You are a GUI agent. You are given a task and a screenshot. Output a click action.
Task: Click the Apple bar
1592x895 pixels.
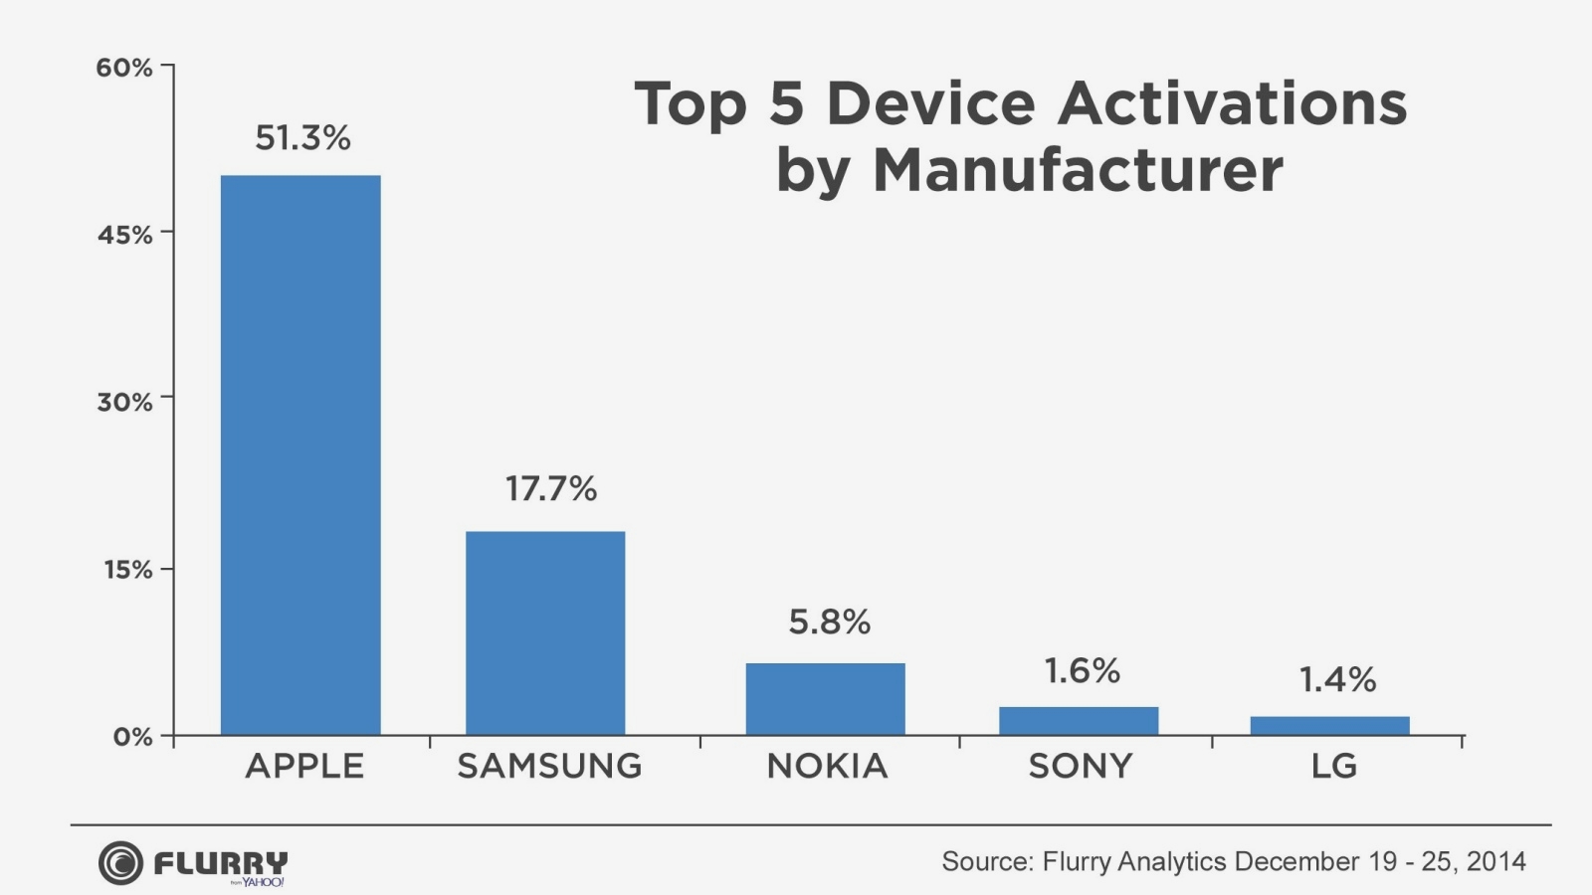300,455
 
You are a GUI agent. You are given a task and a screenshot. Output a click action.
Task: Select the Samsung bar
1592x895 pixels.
545,633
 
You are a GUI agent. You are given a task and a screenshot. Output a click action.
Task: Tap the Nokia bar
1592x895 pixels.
825,699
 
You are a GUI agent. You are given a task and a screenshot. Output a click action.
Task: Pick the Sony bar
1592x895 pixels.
1079,721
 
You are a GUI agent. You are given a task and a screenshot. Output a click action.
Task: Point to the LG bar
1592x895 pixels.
1329,726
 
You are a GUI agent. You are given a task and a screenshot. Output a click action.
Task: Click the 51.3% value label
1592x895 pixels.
302,138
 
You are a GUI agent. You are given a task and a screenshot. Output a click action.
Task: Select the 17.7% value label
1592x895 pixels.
551,489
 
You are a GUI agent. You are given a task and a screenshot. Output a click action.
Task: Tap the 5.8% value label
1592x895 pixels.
829,623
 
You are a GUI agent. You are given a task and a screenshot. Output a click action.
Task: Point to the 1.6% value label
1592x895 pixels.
1082,671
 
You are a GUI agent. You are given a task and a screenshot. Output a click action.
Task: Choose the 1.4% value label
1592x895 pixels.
1337,680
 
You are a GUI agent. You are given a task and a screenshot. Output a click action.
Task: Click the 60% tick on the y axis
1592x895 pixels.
124,68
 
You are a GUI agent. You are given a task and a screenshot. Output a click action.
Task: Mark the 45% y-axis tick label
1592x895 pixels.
124,235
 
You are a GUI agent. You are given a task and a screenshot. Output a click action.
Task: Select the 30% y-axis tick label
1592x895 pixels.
124,402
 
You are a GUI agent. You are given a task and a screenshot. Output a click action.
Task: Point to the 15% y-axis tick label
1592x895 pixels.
126,570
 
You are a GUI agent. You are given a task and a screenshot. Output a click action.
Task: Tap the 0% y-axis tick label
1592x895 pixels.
132,737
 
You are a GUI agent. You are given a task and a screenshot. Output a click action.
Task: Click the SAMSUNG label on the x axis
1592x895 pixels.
549,766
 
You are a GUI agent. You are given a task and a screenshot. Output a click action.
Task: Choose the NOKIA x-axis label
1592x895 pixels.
827,766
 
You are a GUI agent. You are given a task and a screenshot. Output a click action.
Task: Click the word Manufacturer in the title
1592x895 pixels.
1078,170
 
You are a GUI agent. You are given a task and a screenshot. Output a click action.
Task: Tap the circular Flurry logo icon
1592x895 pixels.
120,862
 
